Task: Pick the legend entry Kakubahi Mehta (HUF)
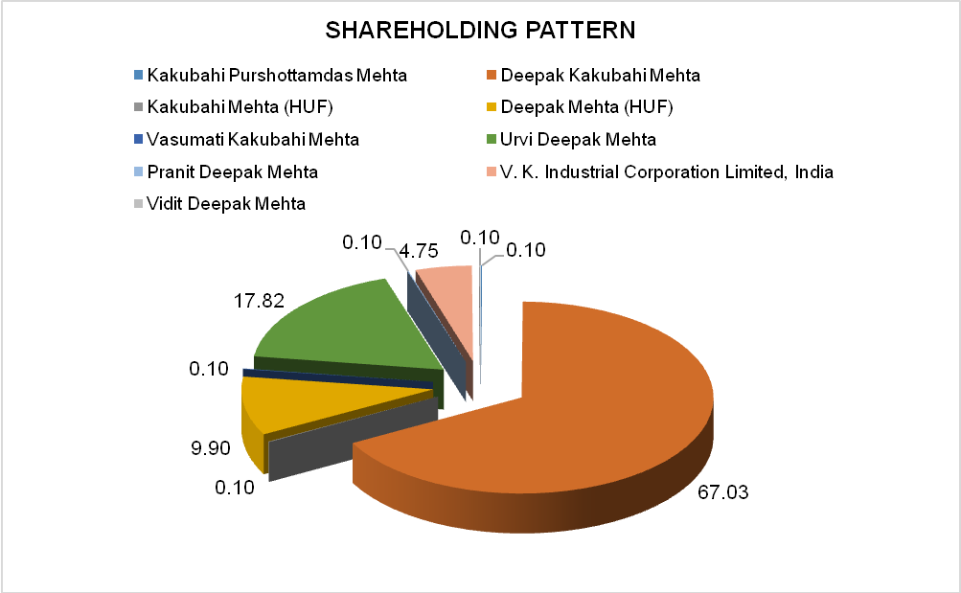[x=240, y=107]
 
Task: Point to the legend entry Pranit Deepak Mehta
[x=233, y=172]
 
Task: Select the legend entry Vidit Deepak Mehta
[x=226, y=204]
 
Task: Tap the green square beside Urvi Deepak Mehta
[x=492, y=140]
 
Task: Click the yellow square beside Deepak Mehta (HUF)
[x=492, y=107]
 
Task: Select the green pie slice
[x=345, y=326]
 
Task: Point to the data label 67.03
[x=722, y=493]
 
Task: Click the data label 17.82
[x=259, y=301]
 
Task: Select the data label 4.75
[x=419, y=252]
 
